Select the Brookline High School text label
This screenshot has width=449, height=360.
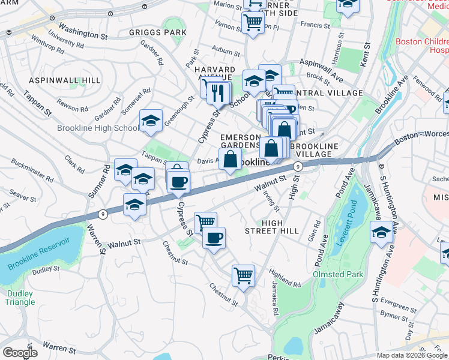click(97, 128)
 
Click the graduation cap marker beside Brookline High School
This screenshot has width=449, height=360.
click(151, 121)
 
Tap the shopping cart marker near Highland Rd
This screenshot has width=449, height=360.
click(243, 276)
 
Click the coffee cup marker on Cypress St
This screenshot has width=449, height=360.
click(178, 182)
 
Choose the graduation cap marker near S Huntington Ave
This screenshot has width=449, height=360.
click(381, 232)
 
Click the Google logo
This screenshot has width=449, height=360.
click(19, 353)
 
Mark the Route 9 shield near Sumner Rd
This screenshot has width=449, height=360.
click(103, 214)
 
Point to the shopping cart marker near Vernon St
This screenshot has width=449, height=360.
click(253, 23)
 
